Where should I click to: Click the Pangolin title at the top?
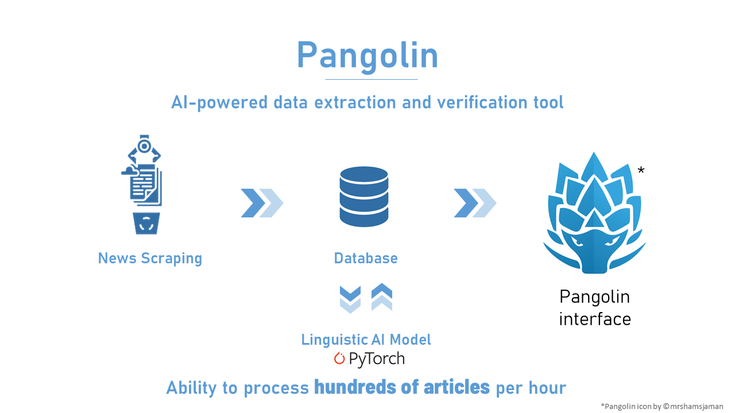pos(367,56)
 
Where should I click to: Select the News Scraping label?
pos(150,258)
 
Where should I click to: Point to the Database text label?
pos(366,258)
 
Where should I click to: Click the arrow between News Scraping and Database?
pos(262,203)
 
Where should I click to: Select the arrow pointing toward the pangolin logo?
pos(475,203)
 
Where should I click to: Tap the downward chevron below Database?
pos(350,298)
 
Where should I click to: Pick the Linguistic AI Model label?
pos(366,340)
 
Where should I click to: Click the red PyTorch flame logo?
pos(339,359)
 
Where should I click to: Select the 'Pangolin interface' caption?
pos(595,307)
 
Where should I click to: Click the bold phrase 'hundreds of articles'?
pos(402,388)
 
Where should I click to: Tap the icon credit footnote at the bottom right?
pos(662,406)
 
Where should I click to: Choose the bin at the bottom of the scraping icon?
pos(146,223)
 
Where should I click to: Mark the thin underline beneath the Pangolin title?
pos(372,79)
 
